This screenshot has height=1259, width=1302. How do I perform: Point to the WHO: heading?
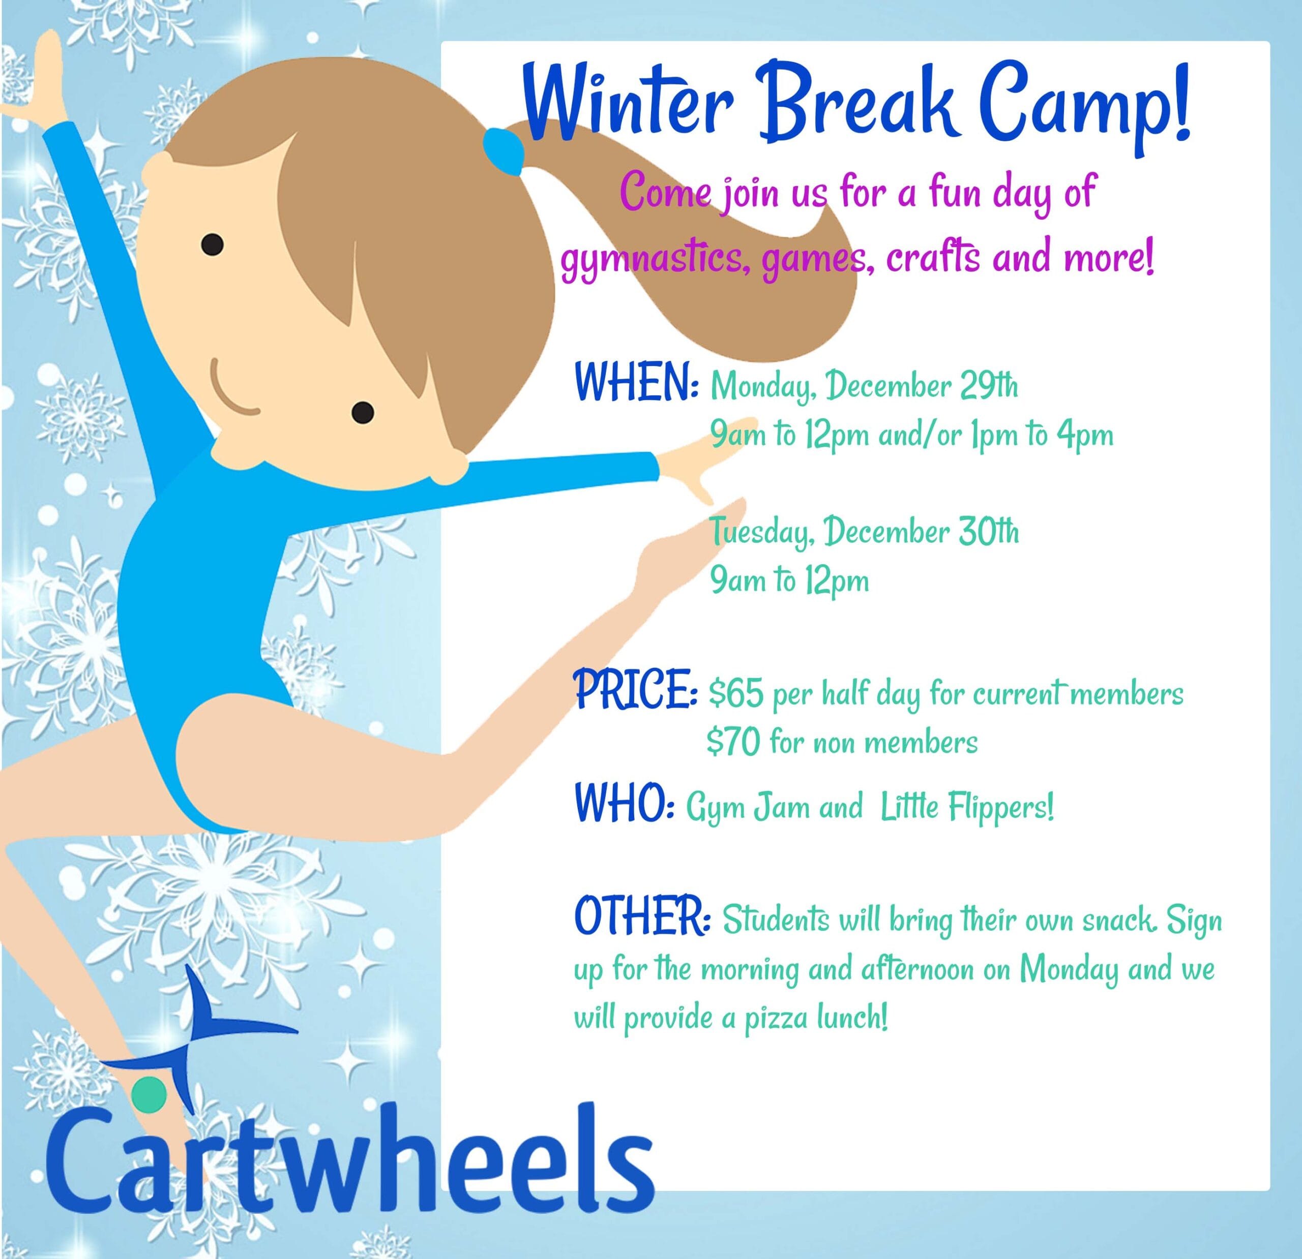click(x=625, y=804)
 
